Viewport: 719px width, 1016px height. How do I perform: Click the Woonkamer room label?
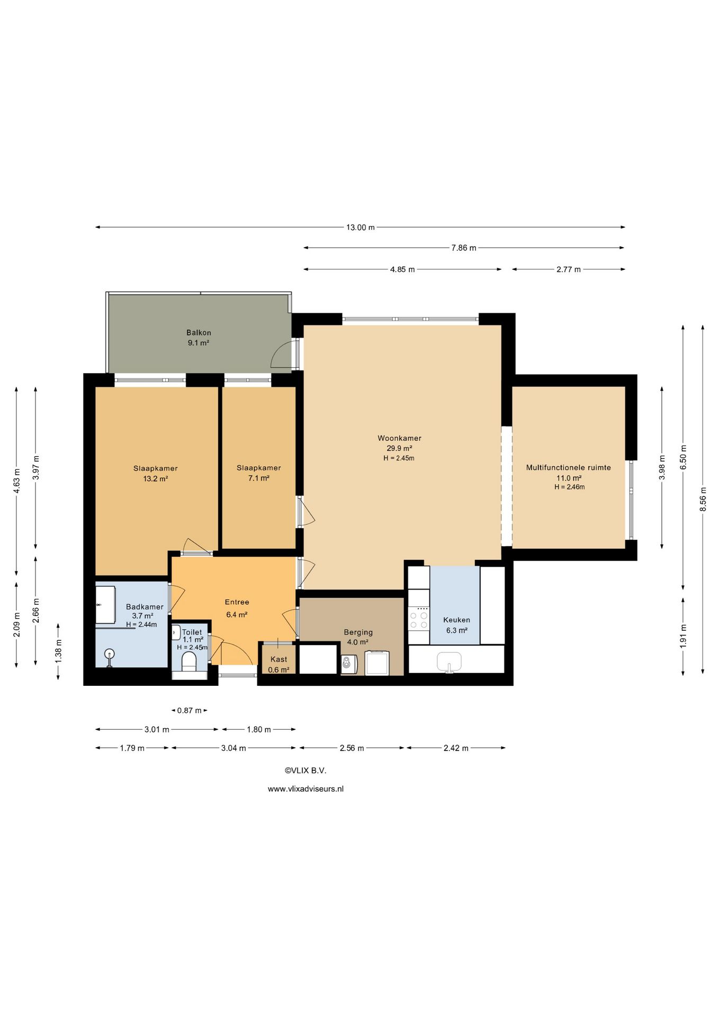(x=399, y=438)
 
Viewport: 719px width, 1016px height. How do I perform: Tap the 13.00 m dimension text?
(x=361, y=228)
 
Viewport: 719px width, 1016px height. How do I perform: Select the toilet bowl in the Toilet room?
(x=189, y=661)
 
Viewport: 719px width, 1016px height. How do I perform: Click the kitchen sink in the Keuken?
(x=449, y=662)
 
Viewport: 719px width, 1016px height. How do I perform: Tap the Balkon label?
(x=199, y=333)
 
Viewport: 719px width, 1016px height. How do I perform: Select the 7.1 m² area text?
(x=259, y=478)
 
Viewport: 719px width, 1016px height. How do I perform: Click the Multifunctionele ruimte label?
(x=569, y=468)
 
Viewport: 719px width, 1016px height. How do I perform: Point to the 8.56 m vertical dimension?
(x=703, y=499)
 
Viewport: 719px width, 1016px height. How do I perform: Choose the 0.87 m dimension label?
(x=190, y=711)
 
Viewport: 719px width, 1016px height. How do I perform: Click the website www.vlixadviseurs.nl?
(x=305, y=789)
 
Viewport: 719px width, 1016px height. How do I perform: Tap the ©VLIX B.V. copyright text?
(x=305, y=771)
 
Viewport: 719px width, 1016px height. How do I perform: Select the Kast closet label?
(x=279, y=659)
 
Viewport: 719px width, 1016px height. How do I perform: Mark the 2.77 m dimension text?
(x=569, y=270)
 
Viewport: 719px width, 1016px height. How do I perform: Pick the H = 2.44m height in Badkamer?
(x=141, y=624)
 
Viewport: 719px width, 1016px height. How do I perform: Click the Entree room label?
(x=237, y=602)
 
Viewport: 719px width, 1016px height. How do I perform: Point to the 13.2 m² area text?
(x=156, y=479)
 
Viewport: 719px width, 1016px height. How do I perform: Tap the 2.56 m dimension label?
(x=352, y=748)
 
